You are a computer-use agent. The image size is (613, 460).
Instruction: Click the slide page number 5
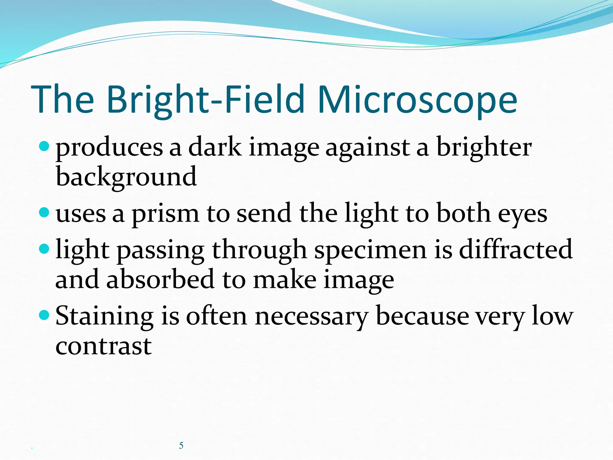click(181, 445)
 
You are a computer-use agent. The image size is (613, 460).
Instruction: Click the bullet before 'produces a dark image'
click(44, 146)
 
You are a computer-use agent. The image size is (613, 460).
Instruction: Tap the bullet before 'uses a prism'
click(44, 213)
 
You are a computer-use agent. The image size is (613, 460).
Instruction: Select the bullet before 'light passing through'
click(44, 249)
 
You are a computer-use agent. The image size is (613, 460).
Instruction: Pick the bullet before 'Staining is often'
click(44, 315)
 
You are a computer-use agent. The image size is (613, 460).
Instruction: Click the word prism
click(166, 214)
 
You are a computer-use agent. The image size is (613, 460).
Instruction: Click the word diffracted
click(516, 249)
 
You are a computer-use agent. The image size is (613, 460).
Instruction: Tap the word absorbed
click(160, 279)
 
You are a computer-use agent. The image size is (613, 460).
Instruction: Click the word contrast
click(104, 346)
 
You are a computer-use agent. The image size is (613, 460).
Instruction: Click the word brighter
click(484, 148)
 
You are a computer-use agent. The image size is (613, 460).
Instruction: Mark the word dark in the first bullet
click(215, 147)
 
